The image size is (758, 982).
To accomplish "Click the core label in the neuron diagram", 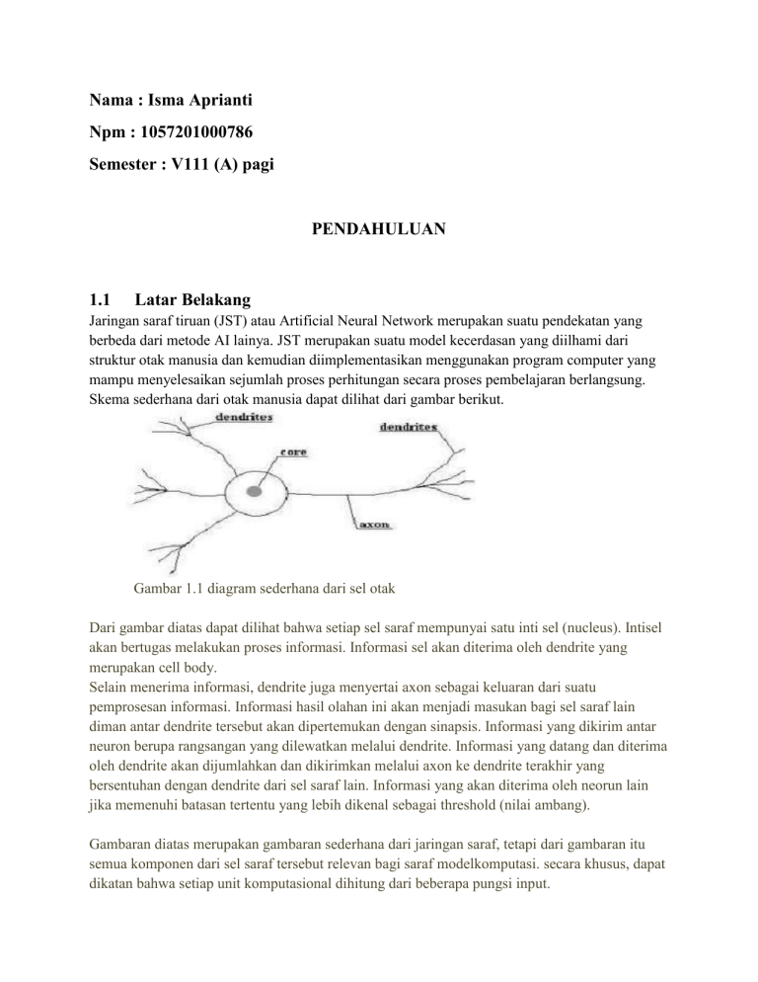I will [x=292, y=451].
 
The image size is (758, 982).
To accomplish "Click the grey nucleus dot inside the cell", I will [x=255, y=490].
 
